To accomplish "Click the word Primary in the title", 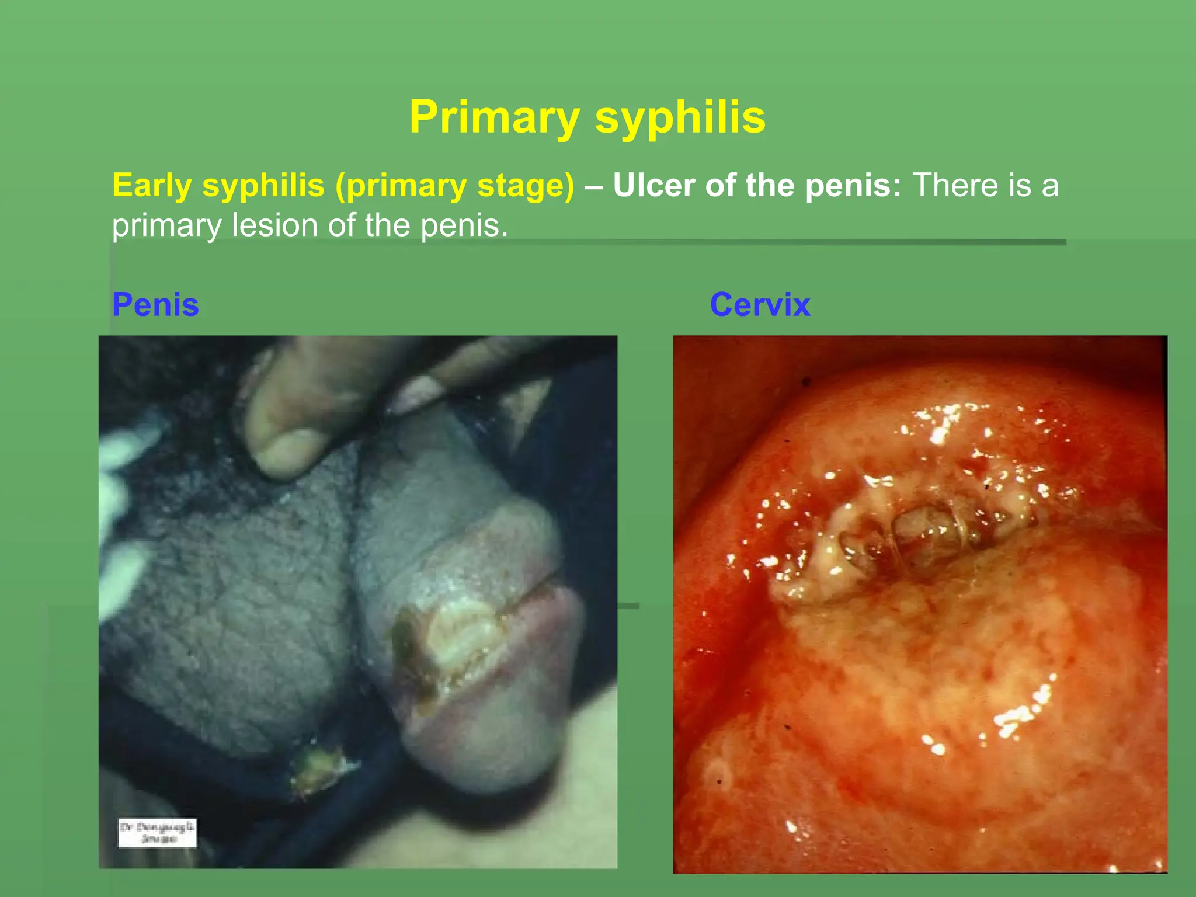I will click(x=494, y=117).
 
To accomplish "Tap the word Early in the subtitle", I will click(x=152, y=186).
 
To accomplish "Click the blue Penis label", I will click(x=155, y=305).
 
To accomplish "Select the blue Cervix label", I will click(x=760, y=305).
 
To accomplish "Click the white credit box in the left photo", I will click(x=157, y=833).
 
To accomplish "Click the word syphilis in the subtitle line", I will click(x=263, y=186).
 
